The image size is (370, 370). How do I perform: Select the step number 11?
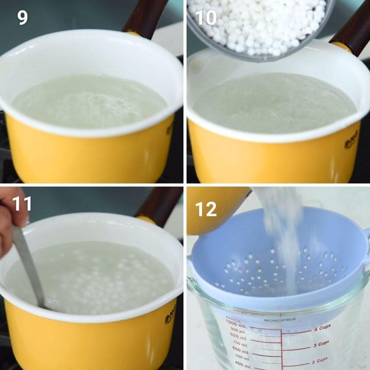[22, 204]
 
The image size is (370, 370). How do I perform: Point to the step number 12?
[206, 209]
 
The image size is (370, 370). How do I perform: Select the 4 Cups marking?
[322, 328]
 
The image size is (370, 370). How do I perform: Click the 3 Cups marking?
[321, 344]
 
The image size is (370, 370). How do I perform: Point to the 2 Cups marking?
[319, 360]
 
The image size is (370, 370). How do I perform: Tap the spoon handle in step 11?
[29, 264]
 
